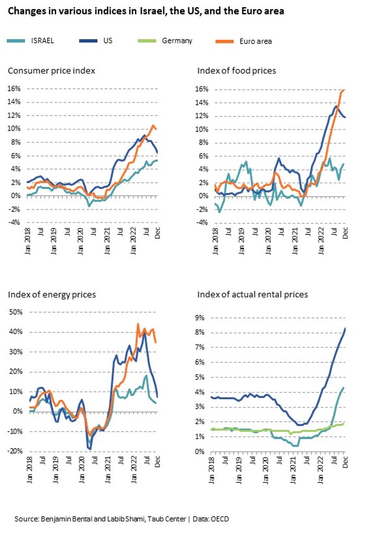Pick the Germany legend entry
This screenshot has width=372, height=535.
(x=176, y=40)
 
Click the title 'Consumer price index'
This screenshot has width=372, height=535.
(x=51, y=70)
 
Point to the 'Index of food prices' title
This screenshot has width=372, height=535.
(x=236, y=70)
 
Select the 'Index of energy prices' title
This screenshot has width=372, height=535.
(x=52, y=295)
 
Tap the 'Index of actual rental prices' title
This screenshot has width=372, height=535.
(x=253, y=295)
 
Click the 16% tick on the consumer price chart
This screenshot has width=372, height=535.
(x=14, y=89)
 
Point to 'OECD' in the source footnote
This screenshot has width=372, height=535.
(x=219, y=519)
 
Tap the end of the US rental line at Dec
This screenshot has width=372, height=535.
(x=345, y=328)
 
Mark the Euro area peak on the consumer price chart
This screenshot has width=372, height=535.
(x=153, y=125)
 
